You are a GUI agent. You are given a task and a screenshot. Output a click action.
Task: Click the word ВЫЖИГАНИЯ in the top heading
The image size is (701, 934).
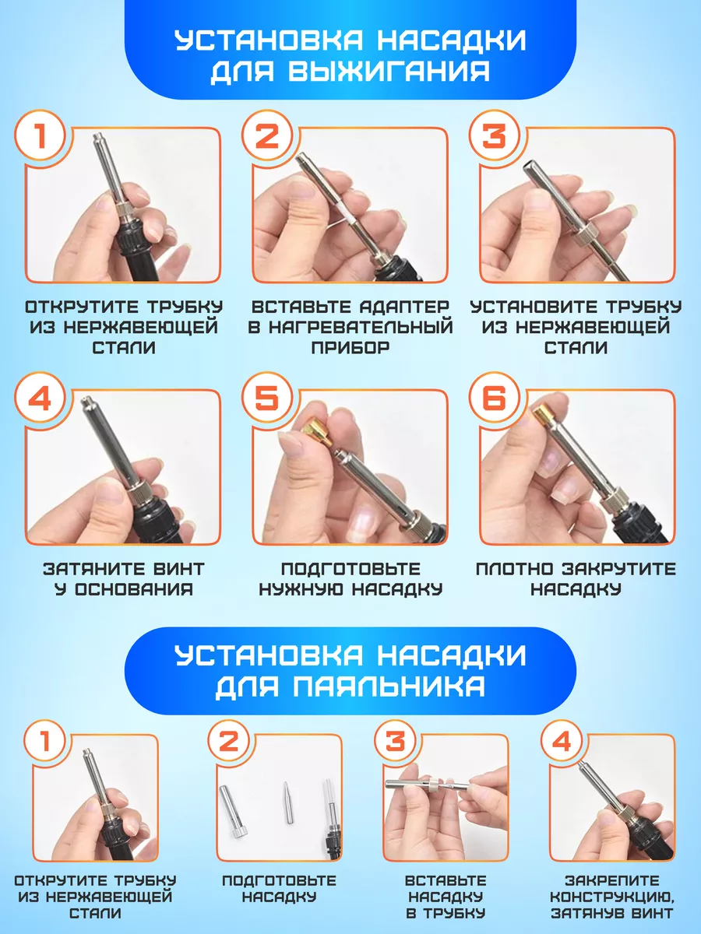tap(389, 70)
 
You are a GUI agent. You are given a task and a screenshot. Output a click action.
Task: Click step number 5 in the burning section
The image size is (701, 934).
tap(267, 399)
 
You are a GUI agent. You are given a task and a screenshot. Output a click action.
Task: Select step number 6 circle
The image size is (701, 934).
tap(494, 399)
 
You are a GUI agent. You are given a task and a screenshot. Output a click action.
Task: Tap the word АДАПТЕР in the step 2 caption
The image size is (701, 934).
tap(404, 307)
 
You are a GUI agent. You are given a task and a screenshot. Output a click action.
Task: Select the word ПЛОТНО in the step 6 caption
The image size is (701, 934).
tap(515, 569)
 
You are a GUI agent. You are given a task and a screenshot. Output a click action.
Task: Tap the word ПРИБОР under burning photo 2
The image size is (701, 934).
tap(350, 348)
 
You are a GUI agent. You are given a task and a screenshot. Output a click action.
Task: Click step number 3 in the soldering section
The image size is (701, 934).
tap(395, 740)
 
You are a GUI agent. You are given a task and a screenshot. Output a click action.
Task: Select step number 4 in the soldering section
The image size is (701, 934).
tap(561, 740)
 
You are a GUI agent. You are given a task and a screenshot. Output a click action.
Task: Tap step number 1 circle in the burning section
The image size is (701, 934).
tap(40, 135)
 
